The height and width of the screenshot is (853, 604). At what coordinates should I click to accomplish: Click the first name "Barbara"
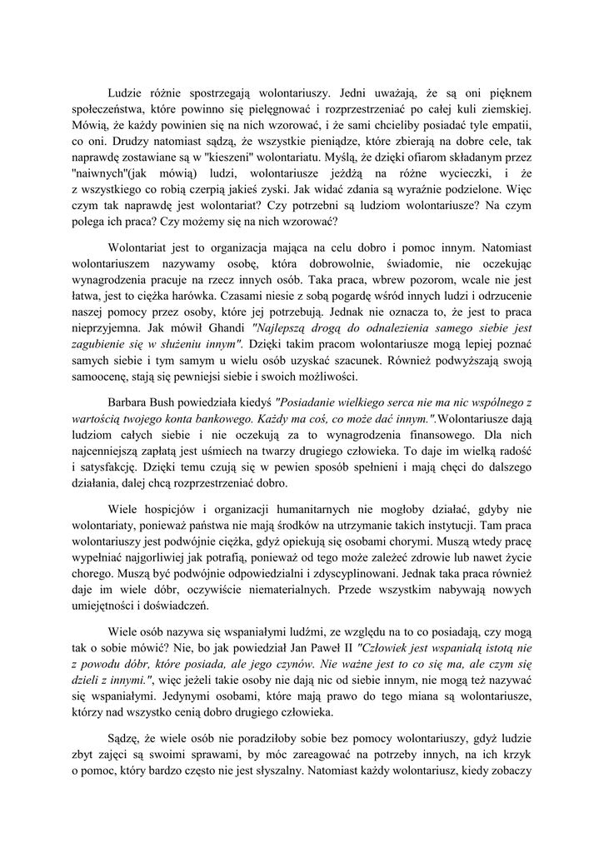point(135,402)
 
